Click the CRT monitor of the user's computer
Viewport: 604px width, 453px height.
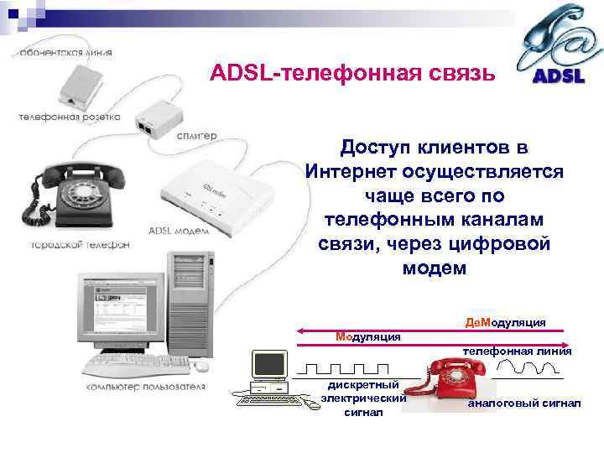(x=122, y=311)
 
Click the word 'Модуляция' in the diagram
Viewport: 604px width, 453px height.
(x=367, y=336)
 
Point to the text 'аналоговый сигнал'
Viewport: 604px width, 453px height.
(x=523, y=404)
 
